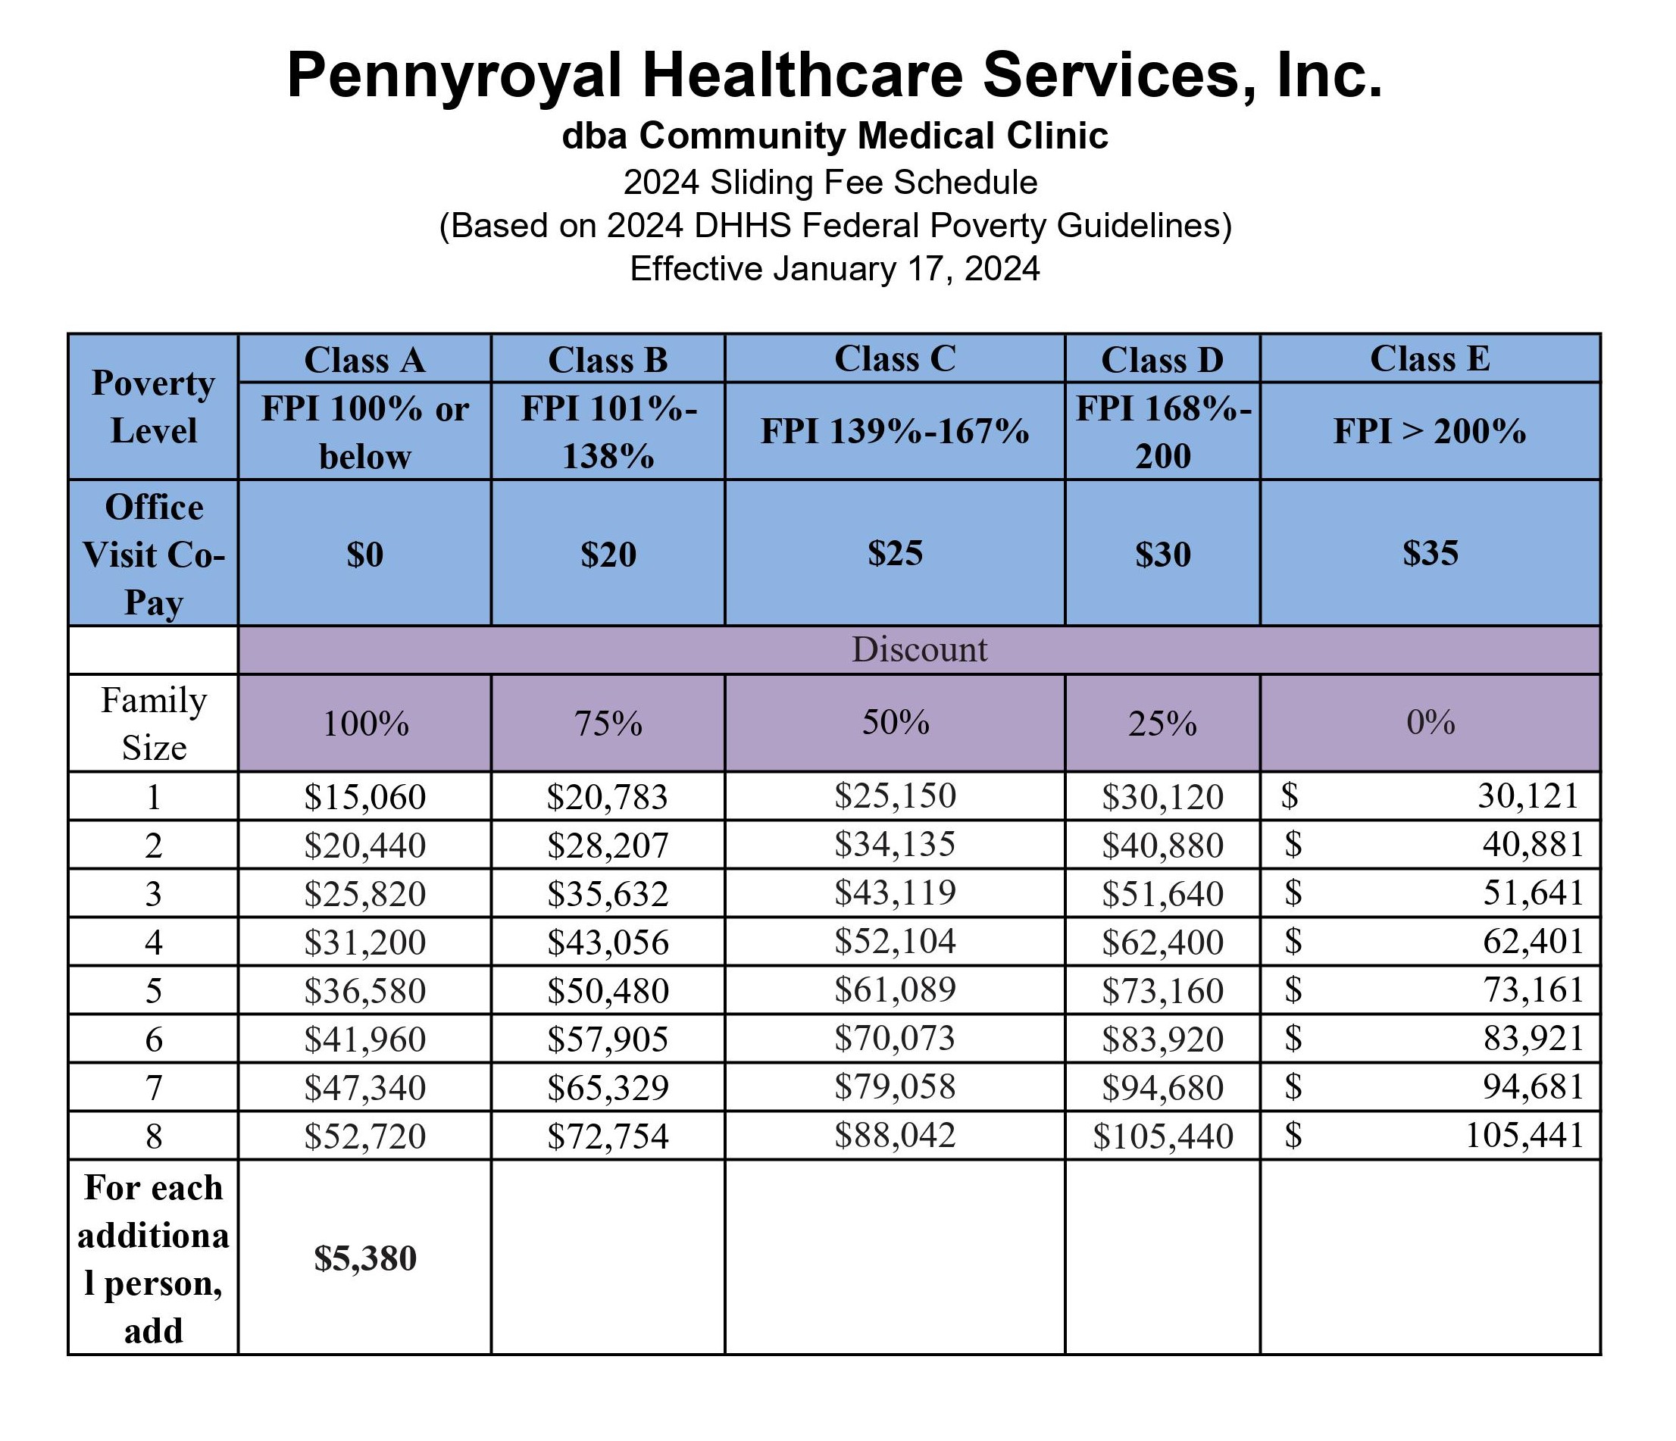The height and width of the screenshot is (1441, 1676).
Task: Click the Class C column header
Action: (x=895, y=359)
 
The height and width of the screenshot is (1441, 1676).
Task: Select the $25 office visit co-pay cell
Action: (x=895, y=554)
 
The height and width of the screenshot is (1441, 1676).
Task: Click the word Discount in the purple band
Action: (x=919, y=650)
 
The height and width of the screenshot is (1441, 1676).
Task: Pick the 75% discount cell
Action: (x=608, y=723)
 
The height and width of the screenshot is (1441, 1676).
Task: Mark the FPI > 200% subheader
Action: (x=1429, y=432)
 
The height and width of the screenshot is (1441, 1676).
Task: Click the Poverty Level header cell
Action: (x=154, y=407)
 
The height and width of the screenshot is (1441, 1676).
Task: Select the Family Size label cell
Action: (x=154, y=724)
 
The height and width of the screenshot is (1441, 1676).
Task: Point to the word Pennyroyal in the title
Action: (x=454, y=76)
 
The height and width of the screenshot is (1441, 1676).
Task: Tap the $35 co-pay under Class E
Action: (x=1429, y=554)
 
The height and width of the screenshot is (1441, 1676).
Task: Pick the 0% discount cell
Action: (x=1429, y=722)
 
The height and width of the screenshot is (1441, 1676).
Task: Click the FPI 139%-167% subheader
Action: (x=895, y=432)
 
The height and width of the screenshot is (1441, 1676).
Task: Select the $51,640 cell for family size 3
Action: (x=1162, y=894)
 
